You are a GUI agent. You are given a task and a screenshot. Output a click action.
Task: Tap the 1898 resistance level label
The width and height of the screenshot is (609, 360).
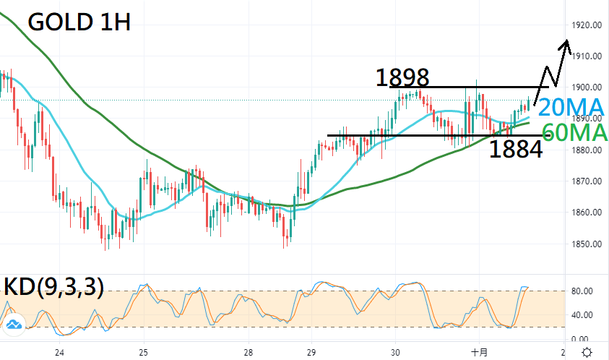coord(403,77)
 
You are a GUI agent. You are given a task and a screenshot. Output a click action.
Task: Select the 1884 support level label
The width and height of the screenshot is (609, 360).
coord(516,150)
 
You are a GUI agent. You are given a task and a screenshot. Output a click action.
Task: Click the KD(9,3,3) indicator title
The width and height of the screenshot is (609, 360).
coord(53,287)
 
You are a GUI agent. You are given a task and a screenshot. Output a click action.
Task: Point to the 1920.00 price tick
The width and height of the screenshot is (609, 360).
coord(587,25)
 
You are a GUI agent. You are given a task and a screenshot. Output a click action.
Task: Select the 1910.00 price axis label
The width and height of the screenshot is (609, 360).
coord(587,56)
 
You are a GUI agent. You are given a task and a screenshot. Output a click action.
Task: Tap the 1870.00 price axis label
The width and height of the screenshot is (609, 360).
coord(587,181)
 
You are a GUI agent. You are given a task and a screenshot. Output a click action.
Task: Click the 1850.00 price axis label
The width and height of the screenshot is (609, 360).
coord(587,244)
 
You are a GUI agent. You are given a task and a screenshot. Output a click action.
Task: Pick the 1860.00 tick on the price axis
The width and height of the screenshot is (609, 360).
coord(587,213)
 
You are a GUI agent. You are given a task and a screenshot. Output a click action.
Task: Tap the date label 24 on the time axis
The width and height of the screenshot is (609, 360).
coord(60,352)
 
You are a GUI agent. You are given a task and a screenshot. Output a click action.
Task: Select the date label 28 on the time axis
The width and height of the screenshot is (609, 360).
coord(249,352)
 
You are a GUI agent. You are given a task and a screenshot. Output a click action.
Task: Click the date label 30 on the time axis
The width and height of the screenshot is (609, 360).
coord(395,352)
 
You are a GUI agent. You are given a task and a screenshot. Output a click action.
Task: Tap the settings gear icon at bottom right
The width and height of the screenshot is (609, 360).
coord(587,351)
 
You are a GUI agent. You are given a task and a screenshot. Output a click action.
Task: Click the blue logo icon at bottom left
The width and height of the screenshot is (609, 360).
coord(13,325)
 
